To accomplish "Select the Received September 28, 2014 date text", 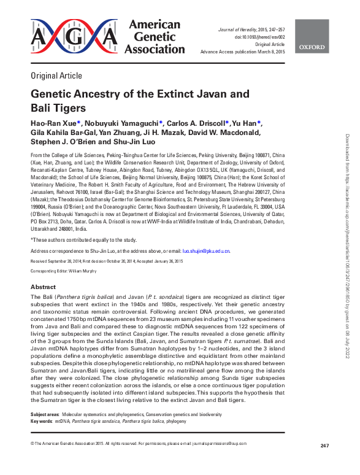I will click(58, 261).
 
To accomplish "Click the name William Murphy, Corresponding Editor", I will click(83, 269).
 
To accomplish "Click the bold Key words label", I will click(41, 422).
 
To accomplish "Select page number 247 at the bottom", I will click(324, 445).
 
